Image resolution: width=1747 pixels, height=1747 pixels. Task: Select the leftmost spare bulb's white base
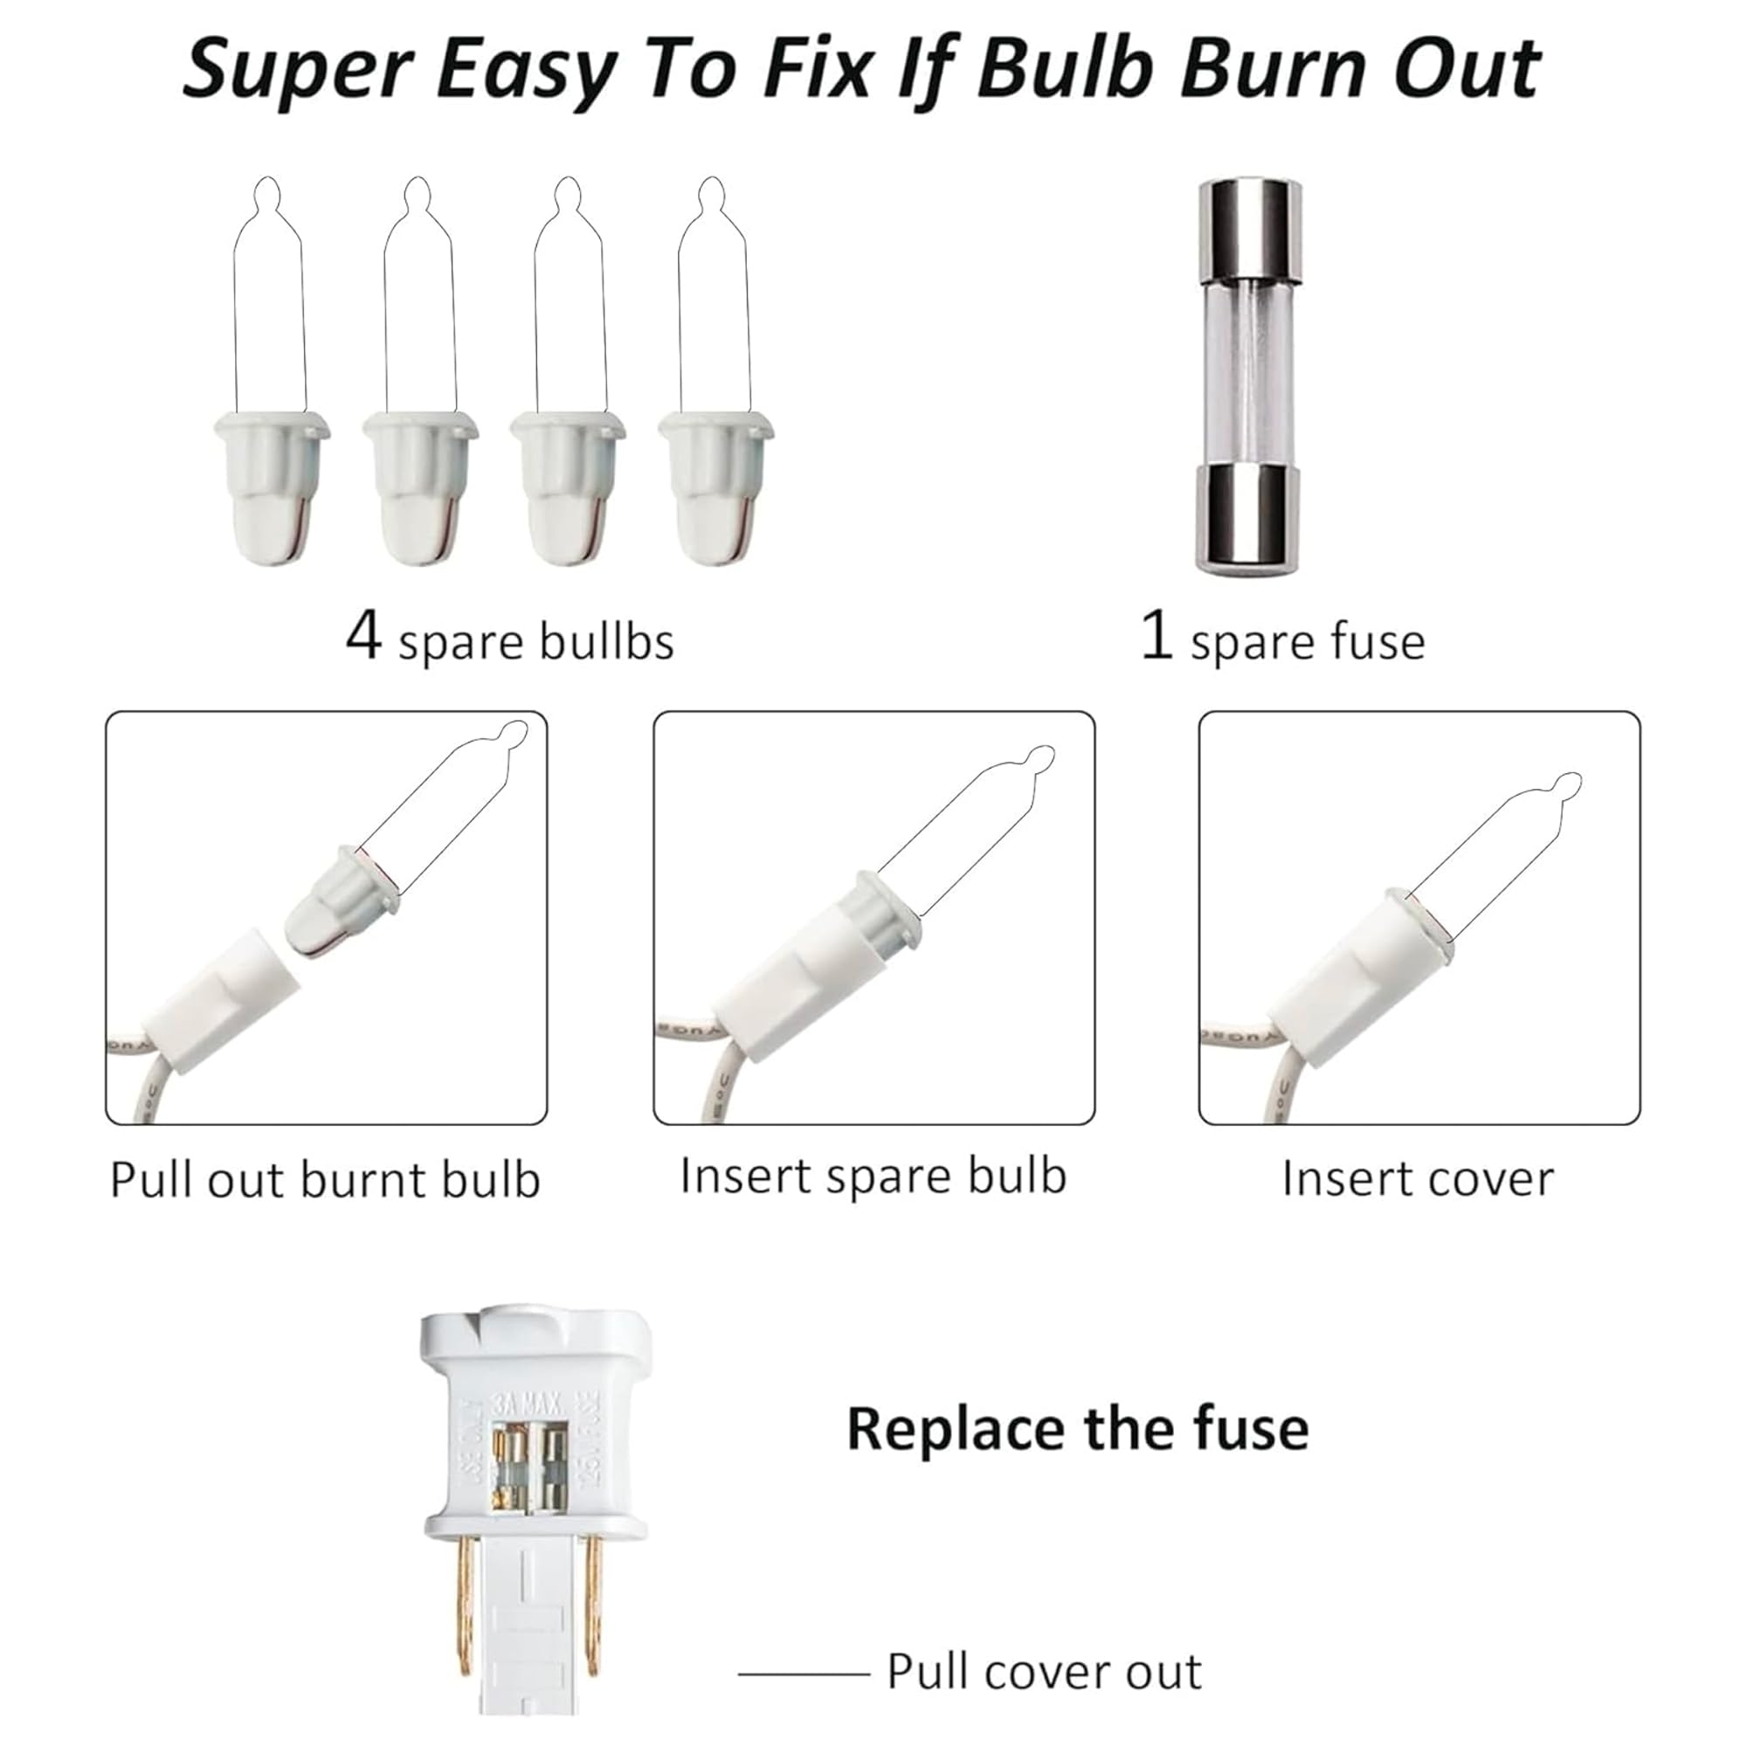(x=273, y=487)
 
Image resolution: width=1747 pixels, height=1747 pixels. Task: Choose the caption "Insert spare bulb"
(x=873, y=1177)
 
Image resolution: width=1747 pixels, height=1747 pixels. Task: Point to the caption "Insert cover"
(x=1418, y=1179)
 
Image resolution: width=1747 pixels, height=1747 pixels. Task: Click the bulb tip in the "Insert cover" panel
(x=1567, y=786)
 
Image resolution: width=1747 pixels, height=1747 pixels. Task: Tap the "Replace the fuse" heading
(x=1078, y=1430)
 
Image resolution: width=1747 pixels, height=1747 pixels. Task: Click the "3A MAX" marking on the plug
(x=528, y=1406)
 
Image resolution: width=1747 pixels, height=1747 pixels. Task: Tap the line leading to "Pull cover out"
(x=804, y=1674)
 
